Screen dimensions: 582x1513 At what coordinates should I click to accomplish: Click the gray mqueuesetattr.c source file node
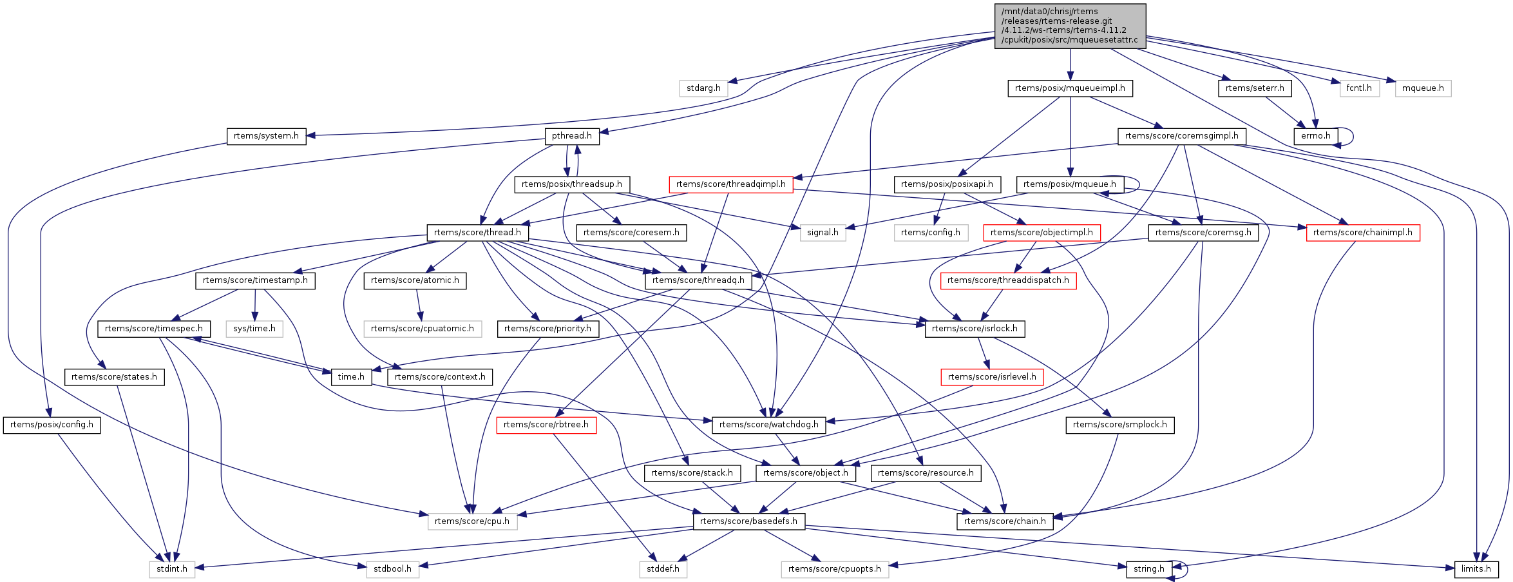point(1070,26)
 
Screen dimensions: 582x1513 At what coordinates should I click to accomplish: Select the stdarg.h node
point(703,88)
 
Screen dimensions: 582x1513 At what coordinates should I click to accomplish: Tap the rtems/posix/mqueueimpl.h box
point(1070,88)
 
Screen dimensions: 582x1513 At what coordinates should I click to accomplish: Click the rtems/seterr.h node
point(1254,88)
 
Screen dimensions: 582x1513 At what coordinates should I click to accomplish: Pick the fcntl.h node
point(1359,88)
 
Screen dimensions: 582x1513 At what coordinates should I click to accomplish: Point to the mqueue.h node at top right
point(1423,88)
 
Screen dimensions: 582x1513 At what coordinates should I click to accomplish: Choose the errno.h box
point(1315,136)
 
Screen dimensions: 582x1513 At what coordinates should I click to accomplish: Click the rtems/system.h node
point(266,136)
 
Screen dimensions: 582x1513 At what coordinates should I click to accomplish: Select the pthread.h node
point(572,136)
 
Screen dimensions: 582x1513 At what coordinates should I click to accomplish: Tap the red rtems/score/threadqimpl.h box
point(730,184)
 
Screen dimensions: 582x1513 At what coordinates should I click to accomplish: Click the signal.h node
point(823,233)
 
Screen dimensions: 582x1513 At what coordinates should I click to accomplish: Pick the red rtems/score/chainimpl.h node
point(1362,233)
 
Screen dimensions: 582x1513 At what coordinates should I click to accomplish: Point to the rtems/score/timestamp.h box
point(255,280)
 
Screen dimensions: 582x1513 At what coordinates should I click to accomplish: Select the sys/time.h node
point(254,329)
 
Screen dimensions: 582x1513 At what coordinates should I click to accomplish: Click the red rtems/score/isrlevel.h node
point(992,377)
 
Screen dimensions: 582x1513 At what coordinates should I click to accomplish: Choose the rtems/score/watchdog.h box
point(768,425)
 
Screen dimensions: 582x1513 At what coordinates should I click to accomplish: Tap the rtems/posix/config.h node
point(52,425)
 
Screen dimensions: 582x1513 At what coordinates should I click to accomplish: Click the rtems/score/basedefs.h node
point(748,521)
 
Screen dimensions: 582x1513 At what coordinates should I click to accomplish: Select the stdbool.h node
point(392,569)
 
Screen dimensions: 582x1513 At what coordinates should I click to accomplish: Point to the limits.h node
point(1476,569)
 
